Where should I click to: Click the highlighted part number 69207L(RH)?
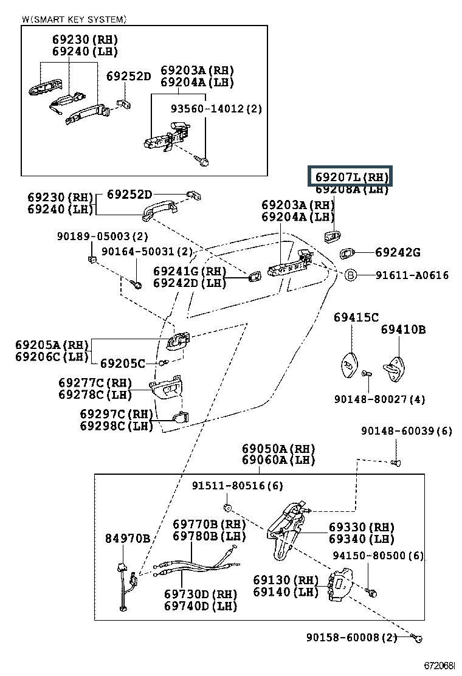[x=351, y=177]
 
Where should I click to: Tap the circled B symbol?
[x=350, y=275]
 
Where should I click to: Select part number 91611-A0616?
[x=412, y=275]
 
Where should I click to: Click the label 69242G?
[x=398, y=252]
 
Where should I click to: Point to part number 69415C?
[x=356, y=317]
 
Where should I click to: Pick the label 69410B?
[x=403, y=329]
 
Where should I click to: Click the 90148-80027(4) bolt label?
[x=379, y=399]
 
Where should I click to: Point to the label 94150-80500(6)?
[x=378, y=556]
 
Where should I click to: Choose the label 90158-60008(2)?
[x=351, y=637]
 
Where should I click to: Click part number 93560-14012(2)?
[x=216, y=109]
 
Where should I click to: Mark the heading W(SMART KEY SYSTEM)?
[x=74, y=19]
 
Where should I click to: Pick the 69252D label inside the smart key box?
[x=128, y=76]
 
